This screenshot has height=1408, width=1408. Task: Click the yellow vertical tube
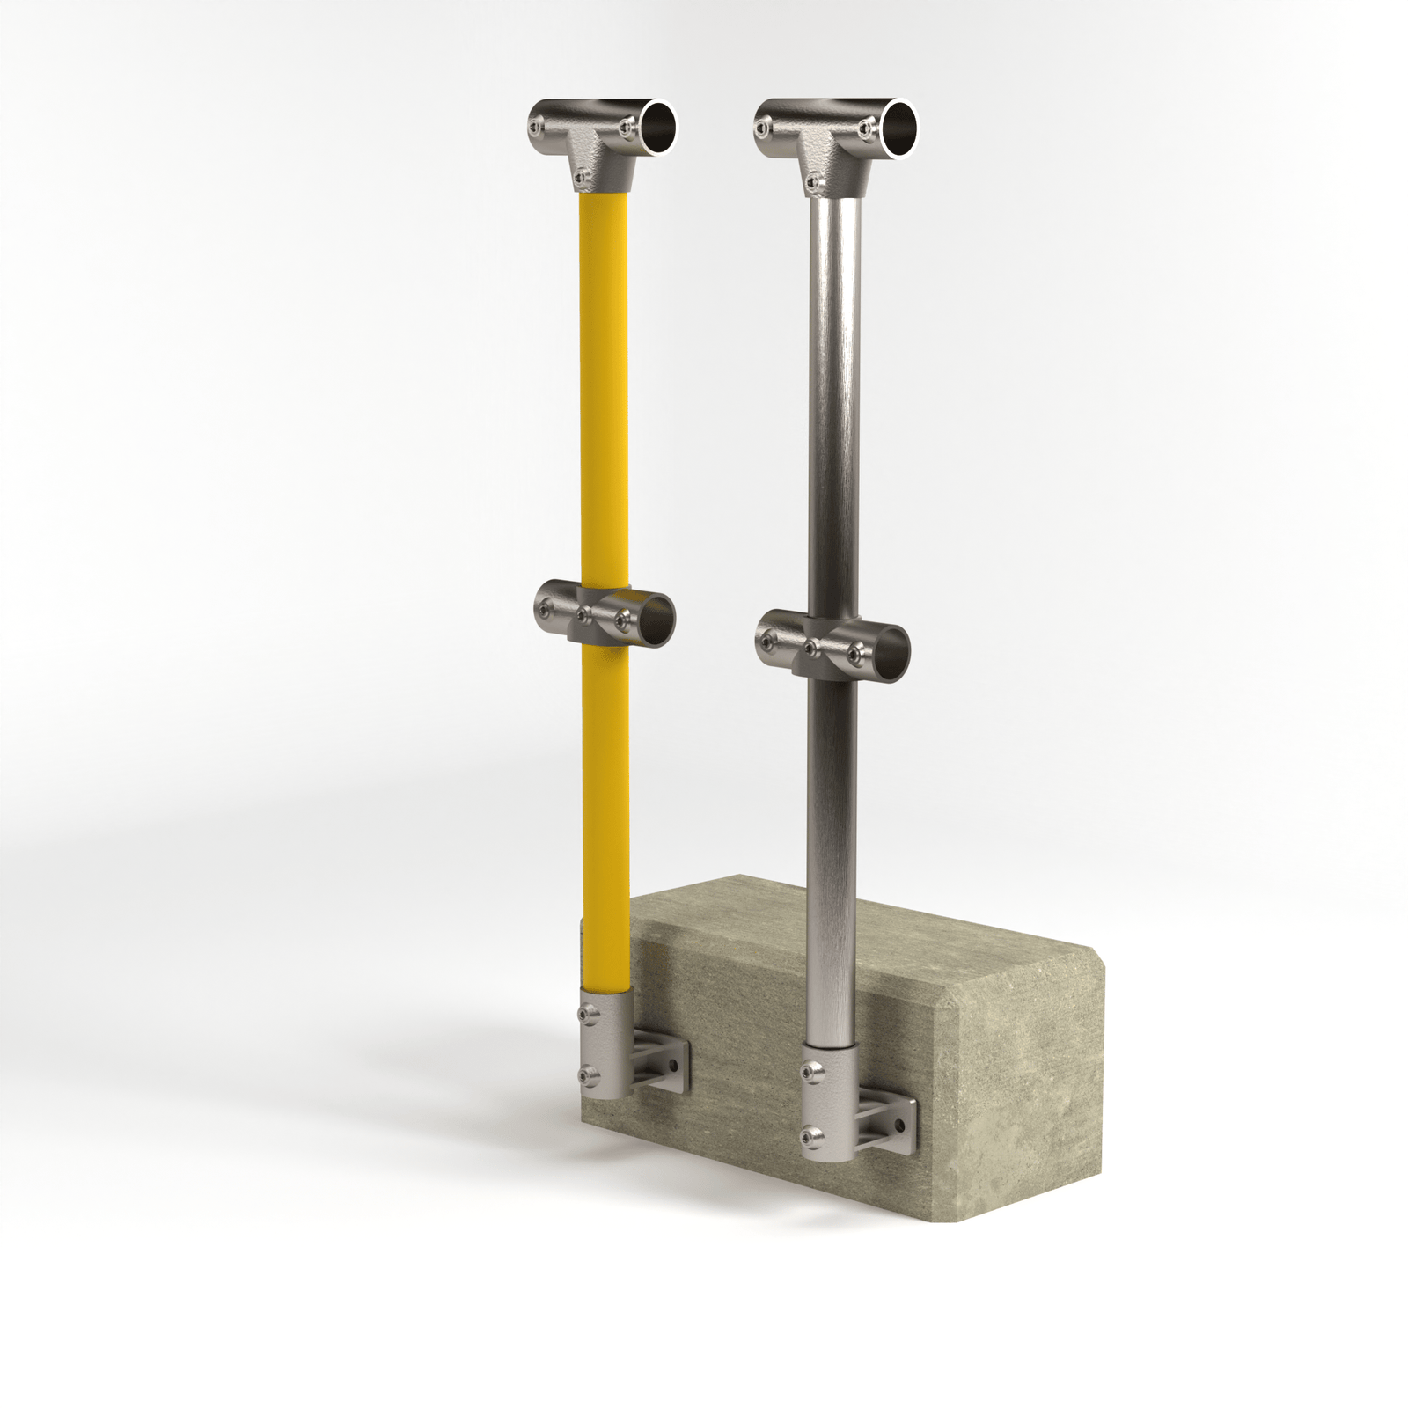point(605,396)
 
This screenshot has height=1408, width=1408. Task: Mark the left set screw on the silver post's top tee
point(762,128)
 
